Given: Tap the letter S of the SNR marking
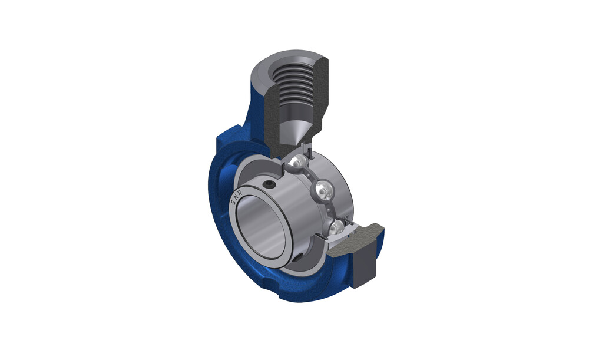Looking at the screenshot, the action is point(233,202).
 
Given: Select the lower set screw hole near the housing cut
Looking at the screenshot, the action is point(298,259).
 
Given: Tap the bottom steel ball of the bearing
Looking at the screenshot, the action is point(336,227).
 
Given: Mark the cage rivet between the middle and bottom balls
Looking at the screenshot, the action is point(329,210).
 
